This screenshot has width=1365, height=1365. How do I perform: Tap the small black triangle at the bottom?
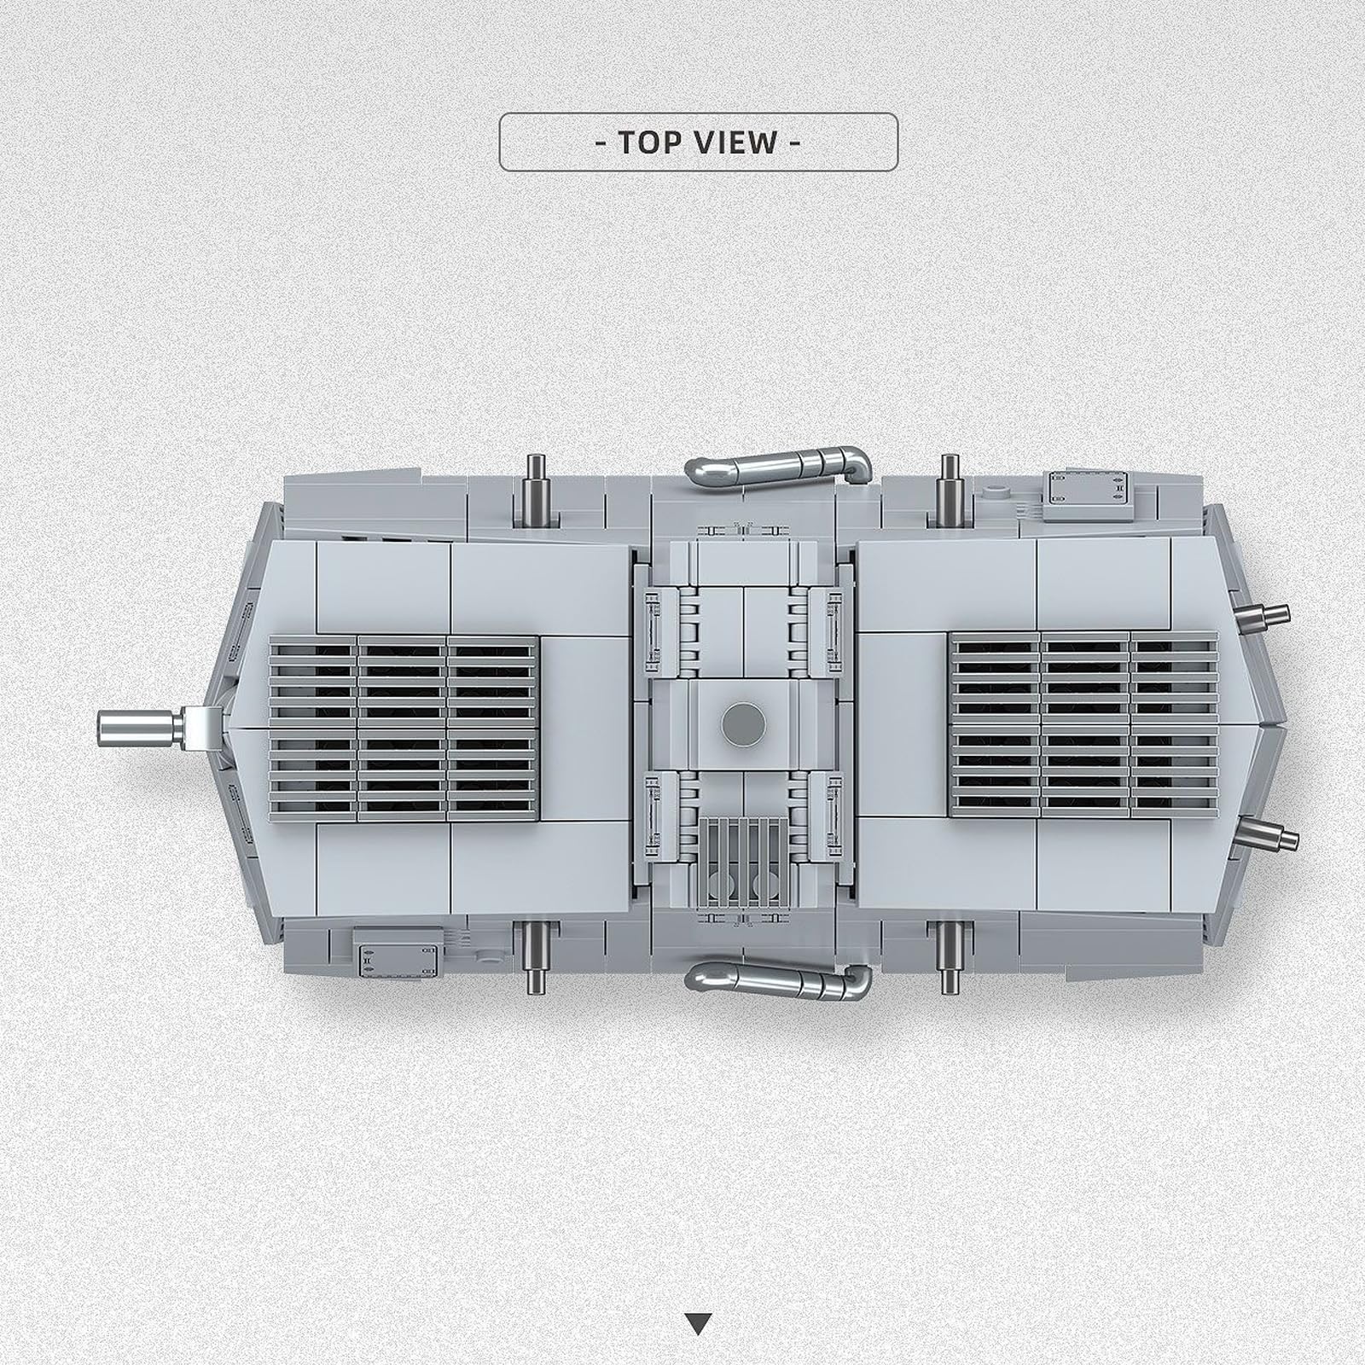tap(699, 1300)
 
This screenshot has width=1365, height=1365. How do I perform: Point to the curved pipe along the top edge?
tap(778, 466)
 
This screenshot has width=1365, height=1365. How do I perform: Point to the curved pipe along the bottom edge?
tap(778, 985)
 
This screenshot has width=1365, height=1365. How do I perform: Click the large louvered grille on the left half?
tap(404, 727)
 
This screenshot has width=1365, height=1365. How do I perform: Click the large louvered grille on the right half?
tap(1084, 721)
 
